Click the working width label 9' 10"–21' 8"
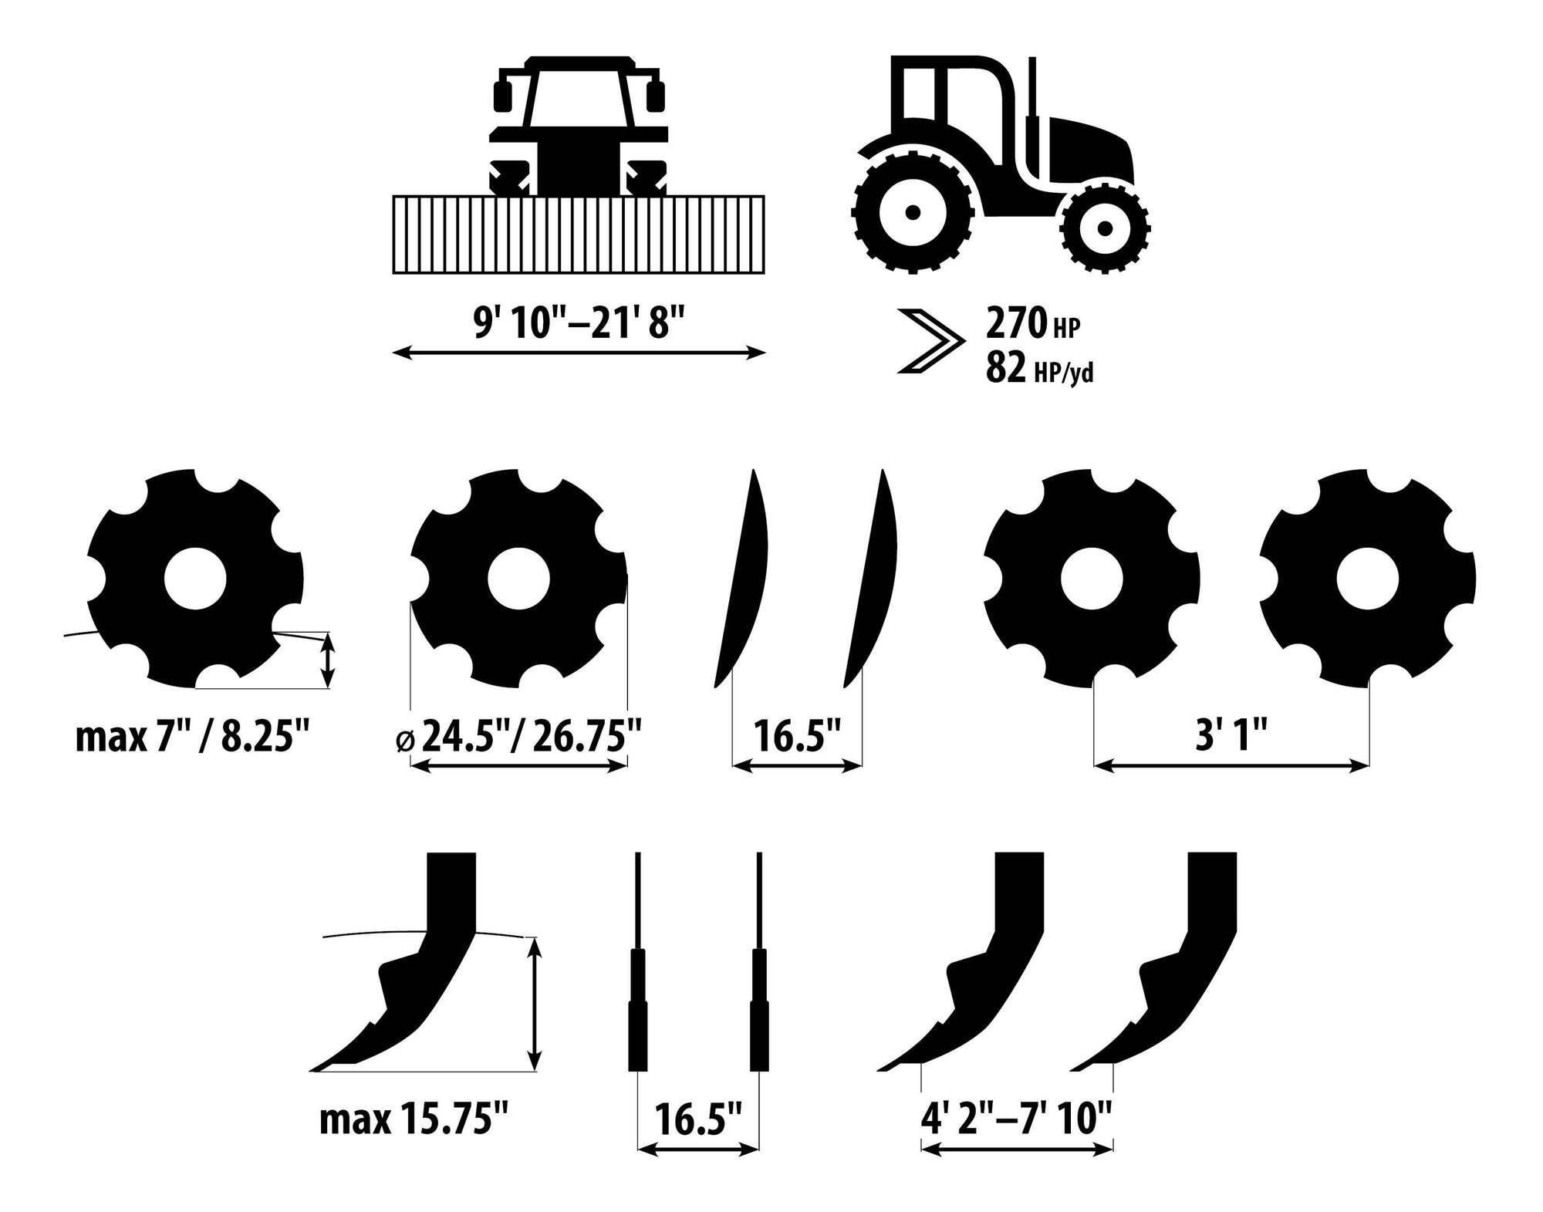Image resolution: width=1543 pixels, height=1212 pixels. click(x=579, y=322)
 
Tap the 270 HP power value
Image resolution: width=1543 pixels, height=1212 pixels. click(x=1033, y=324)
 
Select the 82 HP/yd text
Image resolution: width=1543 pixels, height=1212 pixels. click(x=1039, y=368)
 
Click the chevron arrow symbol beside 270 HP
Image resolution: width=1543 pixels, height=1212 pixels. click(x=931, y=341)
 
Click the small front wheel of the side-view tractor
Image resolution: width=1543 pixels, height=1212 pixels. click(x=1105, y=228)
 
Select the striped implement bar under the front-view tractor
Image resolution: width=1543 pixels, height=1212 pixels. click(x=579, y=235)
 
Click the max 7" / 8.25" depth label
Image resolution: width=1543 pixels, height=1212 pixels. click(x=186, y=738)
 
